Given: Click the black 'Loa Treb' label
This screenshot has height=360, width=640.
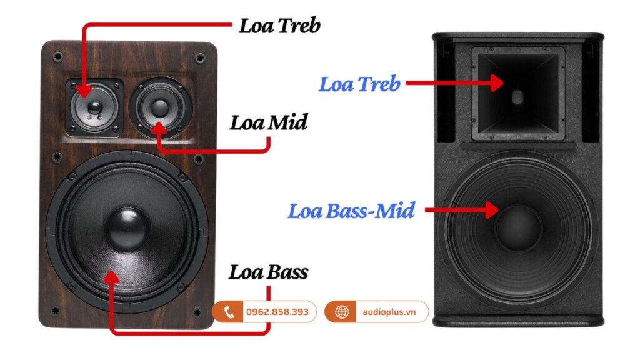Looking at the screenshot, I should click(x=279, y=26).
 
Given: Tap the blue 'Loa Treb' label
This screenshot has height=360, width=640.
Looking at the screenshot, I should click(x=359, y=84).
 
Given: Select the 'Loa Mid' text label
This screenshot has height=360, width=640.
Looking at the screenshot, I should click(x=269, y=122).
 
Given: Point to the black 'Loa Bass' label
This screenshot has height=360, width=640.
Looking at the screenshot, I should click(x=268, y=272).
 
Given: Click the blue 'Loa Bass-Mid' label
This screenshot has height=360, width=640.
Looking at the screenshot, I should click(x=351, y=211).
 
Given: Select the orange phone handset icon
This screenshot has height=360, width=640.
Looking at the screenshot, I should click(x=229, y=312).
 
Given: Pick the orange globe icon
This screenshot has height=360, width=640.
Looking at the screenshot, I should click(x=342, y=312).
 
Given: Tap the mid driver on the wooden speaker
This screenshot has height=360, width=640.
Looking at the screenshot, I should click(x=159, y=106).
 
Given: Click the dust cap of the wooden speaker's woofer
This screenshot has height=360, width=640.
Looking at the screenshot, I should click(x=127, y=229).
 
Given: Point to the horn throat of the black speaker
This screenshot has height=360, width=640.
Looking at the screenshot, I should click(x=517, y=97).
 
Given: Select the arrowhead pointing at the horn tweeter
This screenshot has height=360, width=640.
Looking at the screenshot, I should click(x=497, y=83).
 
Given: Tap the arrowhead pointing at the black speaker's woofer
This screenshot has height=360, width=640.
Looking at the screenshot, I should click(x=492, y=211).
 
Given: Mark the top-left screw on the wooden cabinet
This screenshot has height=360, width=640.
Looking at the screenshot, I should click(x=57, y=57).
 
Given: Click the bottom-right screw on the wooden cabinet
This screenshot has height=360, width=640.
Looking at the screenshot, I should click(x=199, y=311).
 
